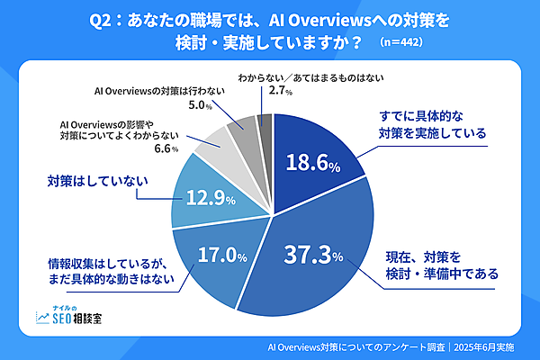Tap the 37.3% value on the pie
(312, 256)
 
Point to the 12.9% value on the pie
(206, 196)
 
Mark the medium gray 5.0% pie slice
(244, 131)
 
